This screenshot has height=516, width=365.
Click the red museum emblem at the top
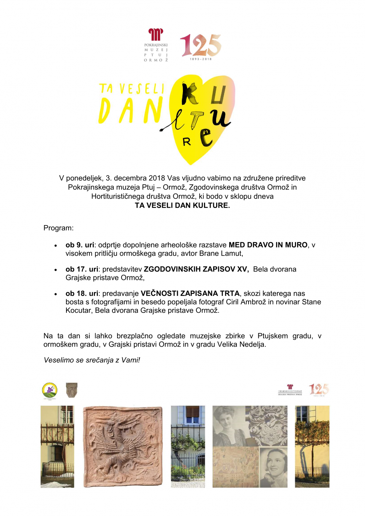coord(155,35)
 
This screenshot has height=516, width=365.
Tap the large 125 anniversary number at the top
coord(200,45)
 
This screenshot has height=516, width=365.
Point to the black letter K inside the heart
coord(190,94)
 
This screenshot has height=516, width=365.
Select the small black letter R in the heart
coord(187,142)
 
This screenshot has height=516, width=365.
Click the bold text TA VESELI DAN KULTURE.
coord(182,205)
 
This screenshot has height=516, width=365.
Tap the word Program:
coord(58,228)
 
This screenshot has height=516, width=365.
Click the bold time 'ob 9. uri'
coord(80,245)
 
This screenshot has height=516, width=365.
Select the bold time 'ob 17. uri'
coord(82,269)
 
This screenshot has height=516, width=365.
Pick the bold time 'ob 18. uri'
coord(82,293)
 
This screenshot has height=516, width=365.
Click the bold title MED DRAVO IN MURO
coord(268,245)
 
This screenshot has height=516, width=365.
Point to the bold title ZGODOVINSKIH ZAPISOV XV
coord(196,269)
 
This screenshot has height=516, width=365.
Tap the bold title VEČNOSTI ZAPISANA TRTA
coord(190,293)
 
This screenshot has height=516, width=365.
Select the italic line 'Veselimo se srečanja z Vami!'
coord(92,360)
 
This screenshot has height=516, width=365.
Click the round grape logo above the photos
coord(50,390)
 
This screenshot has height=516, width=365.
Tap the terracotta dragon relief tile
coord(123,447)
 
